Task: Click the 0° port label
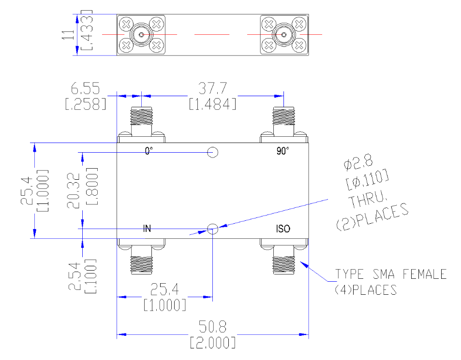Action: [x=149, y=151]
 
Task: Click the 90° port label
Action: [x=283, y=151]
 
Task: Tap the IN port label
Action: [x=147, y=229]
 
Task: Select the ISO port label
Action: [x=283, y=229]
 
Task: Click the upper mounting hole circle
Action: [x=212, y=147]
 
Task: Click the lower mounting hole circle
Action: [x=212, y=224]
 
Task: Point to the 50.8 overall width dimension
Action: [x=212, y=327]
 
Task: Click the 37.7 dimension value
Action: [x=212, y=88]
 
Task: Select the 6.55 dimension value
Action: [x=85, y=88]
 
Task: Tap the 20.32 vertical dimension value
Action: [x=74, y=191]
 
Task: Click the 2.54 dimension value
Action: [x=74, y=276]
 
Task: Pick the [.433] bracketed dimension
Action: [x=87, y=30]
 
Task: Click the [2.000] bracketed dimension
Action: [x=212, y=343]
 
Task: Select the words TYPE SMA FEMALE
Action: [x=391, y=274]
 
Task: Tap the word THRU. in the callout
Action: [x=368, y=199]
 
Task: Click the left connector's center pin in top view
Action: [x=141, y=35]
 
